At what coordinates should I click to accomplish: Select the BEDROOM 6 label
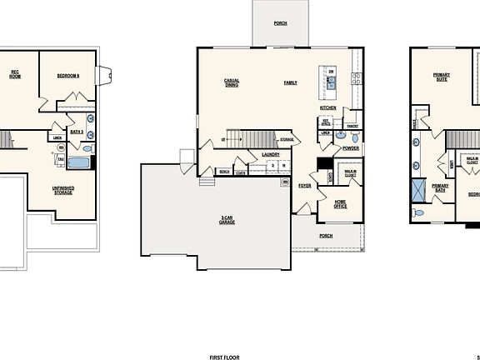pos(68,76)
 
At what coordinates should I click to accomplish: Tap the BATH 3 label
pos(76,132)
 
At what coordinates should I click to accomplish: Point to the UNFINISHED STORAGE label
pos(62,190)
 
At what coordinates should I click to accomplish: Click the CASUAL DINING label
pos(232,82)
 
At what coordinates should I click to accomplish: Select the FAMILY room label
pos(290,82)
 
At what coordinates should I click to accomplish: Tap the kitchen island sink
pos(331,83)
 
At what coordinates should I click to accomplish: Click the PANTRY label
pos(352,127)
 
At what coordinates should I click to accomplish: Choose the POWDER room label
pos(350,147)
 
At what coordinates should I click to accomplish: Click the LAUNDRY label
pos(270,154)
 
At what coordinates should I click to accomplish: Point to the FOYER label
pos(305,185)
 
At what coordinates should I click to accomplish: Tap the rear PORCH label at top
pos(280,23)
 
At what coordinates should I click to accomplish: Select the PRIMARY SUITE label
pos(441,77)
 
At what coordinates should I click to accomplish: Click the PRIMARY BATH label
pos(440,187)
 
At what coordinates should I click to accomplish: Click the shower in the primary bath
pos(418,191)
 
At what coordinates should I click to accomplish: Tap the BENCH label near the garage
pos(224,172)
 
